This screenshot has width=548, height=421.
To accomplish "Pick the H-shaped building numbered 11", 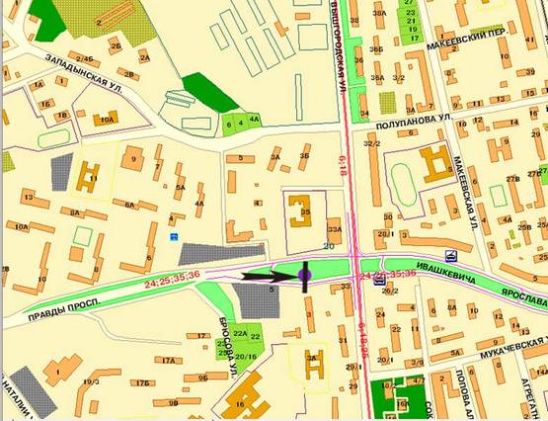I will (x=88, y=175).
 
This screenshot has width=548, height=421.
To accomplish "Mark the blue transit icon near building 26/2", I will (x=379, y=281).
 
